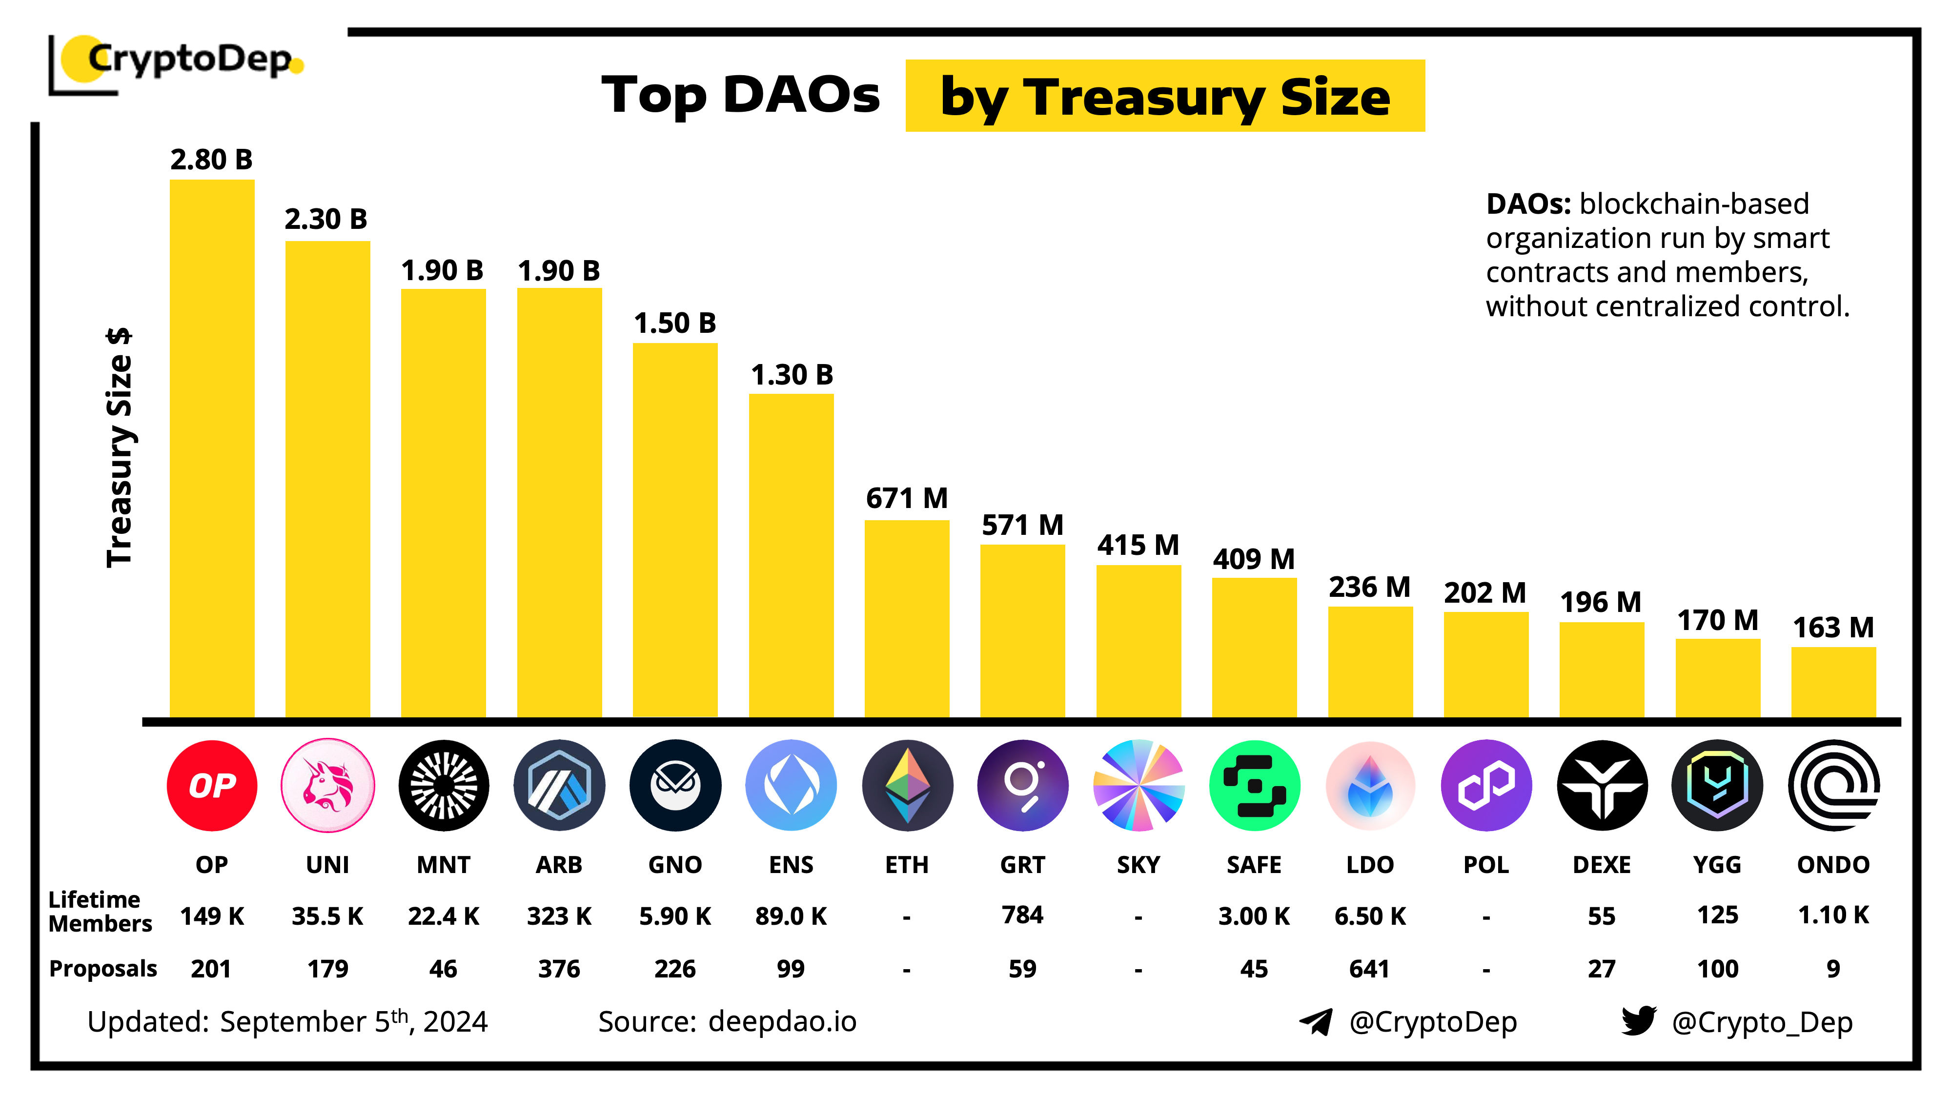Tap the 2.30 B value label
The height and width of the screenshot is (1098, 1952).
coord(326,219)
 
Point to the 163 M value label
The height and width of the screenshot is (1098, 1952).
coord(1833,628)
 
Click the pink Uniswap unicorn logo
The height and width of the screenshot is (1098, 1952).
coord(327,785)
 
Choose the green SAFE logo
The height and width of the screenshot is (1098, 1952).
coord(1254,785)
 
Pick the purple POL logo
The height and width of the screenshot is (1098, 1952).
coord(1486,785)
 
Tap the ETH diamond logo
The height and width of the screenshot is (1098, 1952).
coord(907,785)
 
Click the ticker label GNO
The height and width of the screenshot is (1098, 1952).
coord(675,865)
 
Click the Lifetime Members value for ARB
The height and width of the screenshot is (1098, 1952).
coord(559,916)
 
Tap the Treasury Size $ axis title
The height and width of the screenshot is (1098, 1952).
coord(120,447)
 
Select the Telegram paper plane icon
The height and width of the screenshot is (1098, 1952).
coord(1316,1021)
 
